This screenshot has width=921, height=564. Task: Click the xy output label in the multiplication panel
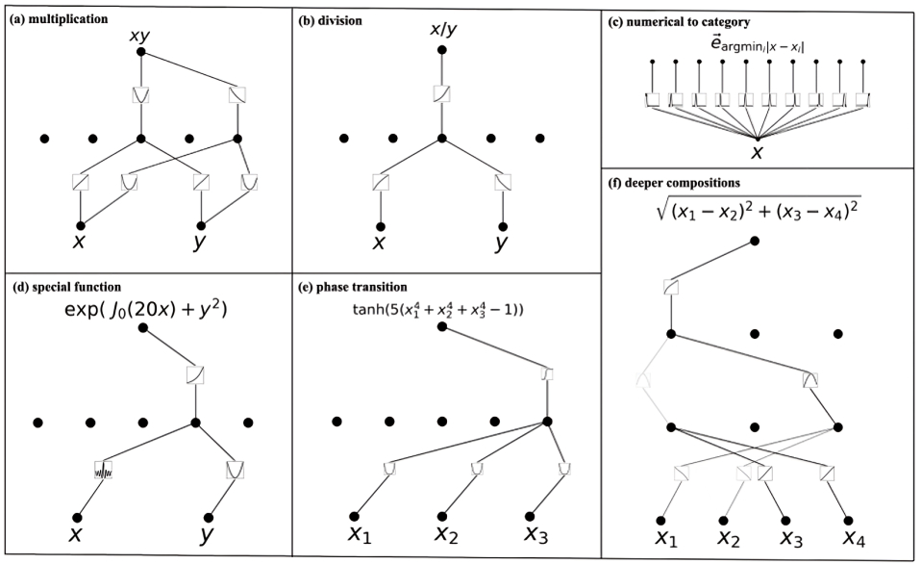141,36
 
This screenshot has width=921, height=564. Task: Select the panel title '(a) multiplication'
58,17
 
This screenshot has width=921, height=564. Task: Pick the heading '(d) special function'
66,287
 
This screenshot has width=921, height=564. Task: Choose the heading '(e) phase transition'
356,287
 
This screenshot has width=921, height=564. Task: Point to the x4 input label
854,536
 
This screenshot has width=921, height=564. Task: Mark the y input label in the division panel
501,243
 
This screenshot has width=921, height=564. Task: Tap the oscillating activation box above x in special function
103,471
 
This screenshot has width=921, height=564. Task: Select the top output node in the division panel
441,50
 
